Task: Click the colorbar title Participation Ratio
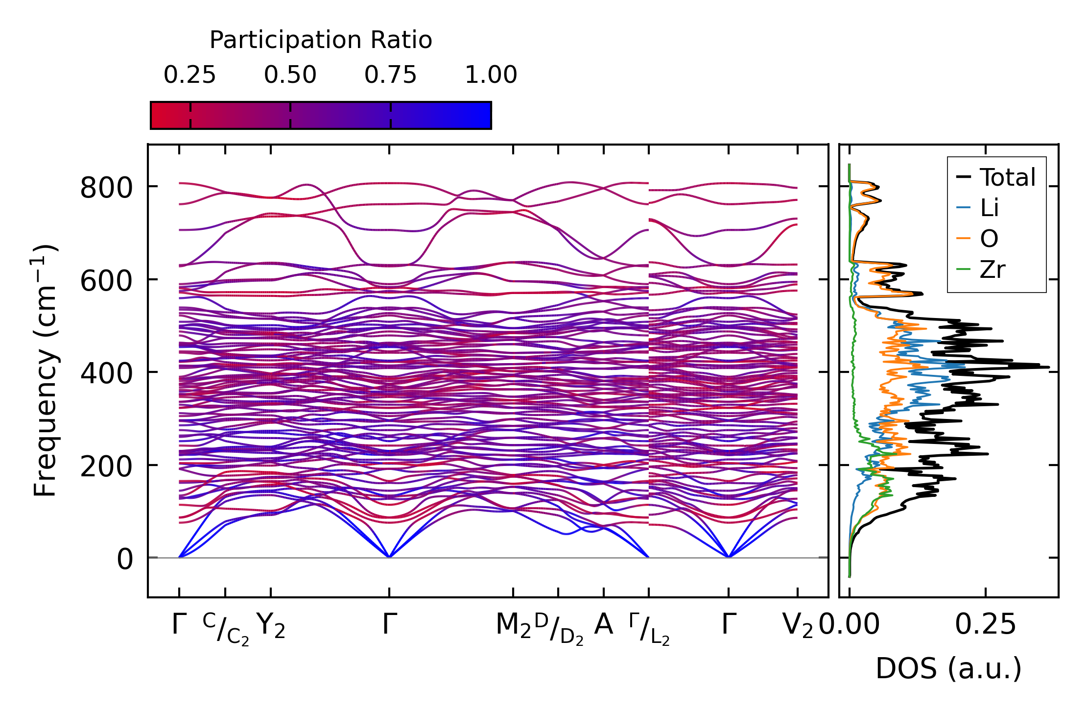pos(321,40)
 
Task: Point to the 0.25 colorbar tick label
pos(189,75)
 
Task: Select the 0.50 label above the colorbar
pos(290,75)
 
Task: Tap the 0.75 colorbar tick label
pos(390,75)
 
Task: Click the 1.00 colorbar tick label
pos(491,75)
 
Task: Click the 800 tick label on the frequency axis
pos(106,188)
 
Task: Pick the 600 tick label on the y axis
pos(106,281)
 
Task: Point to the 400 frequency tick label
pos(106,373)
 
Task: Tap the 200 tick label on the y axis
pos(106,467)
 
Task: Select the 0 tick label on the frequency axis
pos(124,559)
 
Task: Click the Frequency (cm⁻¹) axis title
pos(45,370)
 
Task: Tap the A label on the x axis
pos(603,625)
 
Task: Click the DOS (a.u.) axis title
pos(948,668)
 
